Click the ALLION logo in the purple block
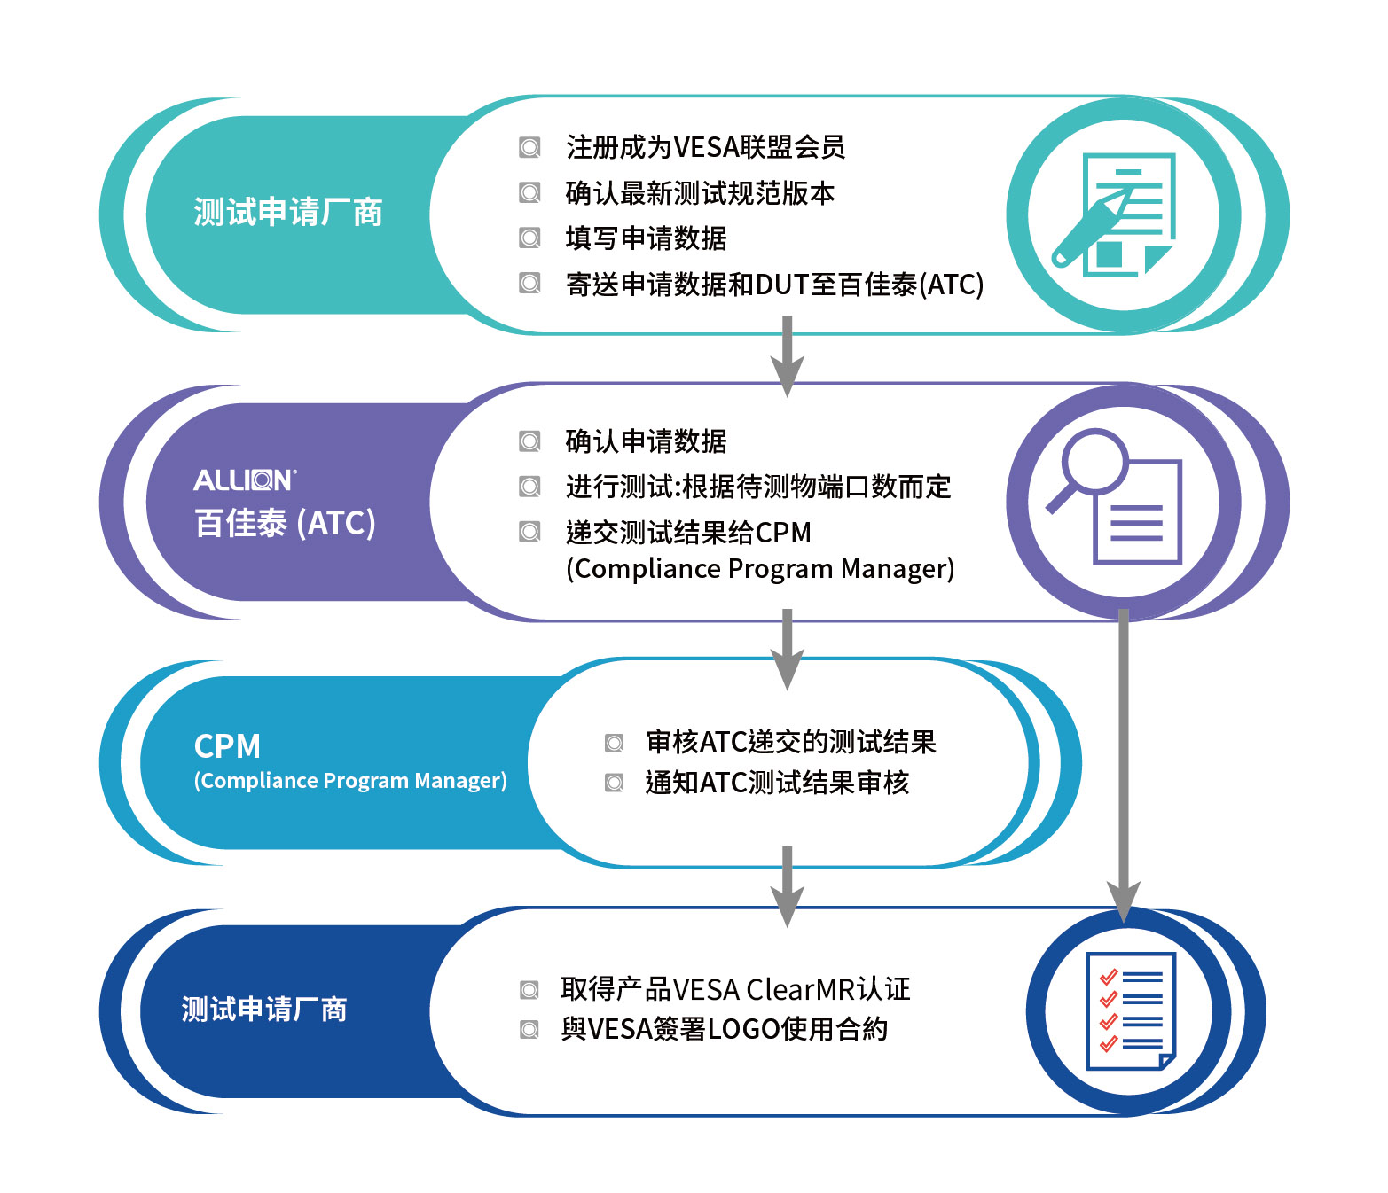point(245,480)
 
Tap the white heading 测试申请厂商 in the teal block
point(288,212)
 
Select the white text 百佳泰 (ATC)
point(285,523)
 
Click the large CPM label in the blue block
point(227,746)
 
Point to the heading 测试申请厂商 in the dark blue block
point(264,1010)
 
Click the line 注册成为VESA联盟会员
point(705,147)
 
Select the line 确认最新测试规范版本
point(700,193)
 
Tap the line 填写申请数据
point(646,238)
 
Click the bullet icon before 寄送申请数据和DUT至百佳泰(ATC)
point(529,283)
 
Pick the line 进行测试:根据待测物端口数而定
point(758,487)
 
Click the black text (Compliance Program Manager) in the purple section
point(760,569)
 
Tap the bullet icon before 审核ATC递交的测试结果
point(614,743)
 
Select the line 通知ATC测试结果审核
point(777,783)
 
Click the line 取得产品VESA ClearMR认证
point(735,990)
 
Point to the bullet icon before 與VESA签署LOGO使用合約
point(529,1029)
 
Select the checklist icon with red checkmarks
point(1131,1010)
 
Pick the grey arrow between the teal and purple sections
point(787,356)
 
